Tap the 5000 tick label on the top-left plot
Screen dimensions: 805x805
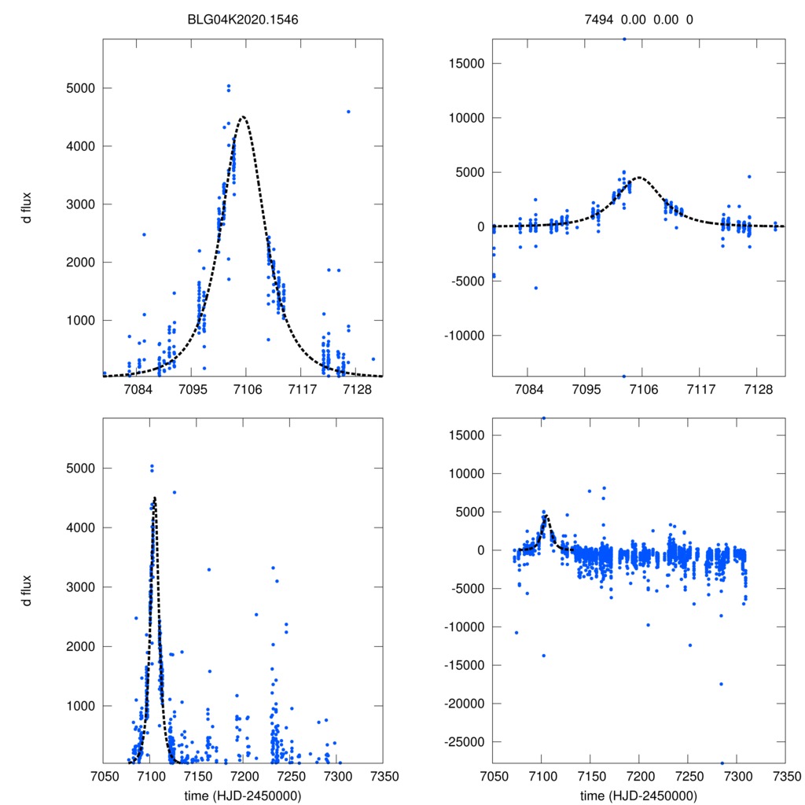[x=76, y=88]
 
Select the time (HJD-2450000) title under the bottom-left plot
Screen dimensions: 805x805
[x=244, y=796]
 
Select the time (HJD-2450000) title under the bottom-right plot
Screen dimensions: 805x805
[x=639, y=796]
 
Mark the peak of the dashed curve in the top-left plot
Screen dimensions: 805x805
[x=243, y=117]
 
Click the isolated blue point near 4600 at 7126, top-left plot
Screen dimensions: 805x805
[x=348, y=112]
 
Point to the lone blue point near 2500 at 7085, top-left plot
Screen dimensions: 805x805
[x=144, y=234]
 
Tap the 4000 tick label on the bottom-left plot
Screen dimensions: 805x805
[x=76, y=527]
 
